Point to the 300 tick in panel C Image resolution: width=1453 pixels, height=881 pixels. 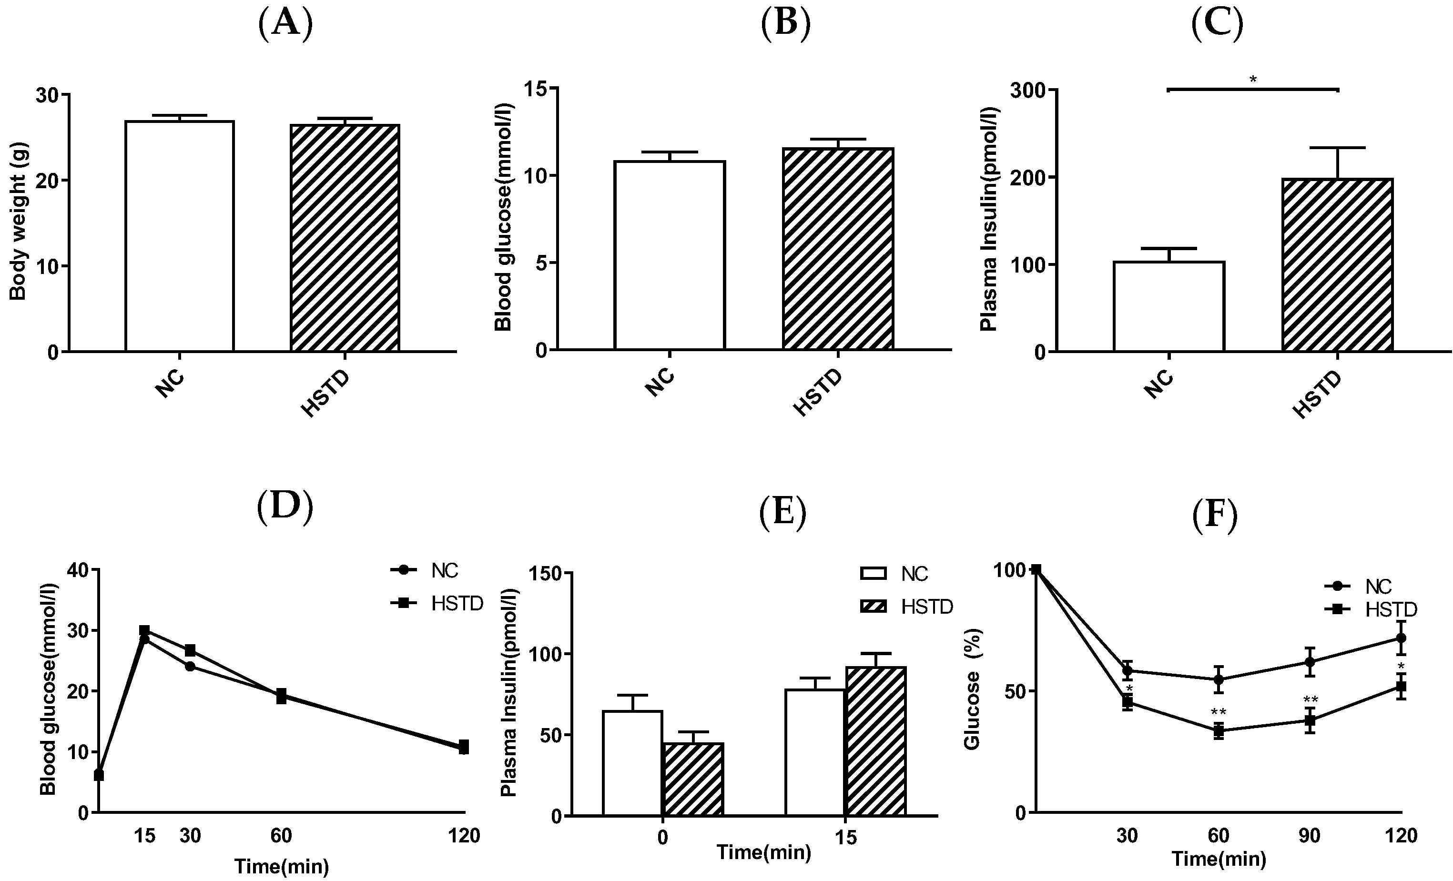1026,90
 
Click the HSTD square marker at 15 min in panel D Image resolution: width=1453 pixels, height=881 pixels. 144,631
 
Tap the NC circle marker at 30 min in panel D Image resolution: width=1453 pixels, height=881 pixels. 190,667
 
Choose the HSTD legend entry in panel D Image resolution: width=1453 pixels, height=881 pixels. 457,603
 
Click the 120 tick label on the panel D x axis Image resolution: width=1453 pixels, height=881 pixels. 464,836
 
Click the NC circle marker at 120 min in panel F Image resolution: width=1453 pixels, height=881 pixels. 1401,638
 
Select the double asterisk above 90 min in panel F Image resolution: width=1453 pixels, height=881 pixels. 1311,700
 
